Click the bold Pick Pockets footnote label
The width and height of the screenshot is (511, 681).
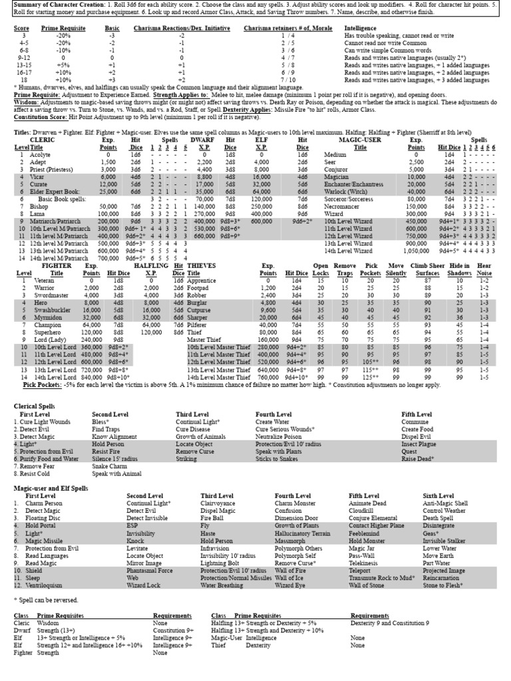(41, 384)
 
